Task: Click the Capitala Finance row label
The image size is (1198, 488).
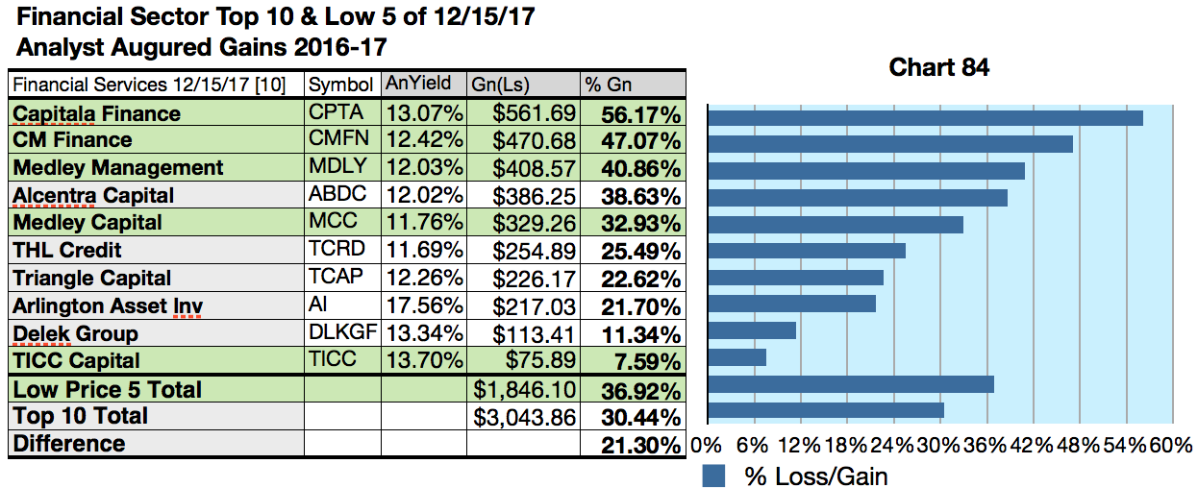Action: point(96,113)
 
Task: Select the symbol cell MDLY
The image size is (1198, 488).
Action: point(337,167)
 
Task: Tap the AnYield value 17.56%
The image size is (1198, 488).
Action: point(424,306)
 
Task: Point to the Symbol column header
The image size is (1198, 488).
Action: point(340,85)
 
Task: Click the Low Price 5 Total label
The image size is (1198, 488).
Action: point(107,389)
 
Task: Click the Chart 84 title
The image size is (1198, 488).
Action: point(938,67)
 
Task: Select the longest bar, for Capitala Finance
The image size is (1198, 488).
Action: point(924,117)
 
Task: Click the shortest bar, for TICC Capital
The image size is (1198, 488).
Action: point(736,357)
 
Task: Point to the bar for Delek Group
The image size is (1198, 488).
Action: point(751,330)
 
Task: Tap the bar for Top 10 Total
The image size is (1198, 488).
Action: point(825,410)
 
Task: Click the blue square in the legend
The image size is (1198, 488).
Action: point(713,476)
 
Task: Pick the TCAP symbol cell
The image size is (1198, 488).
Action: point(337,278)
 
